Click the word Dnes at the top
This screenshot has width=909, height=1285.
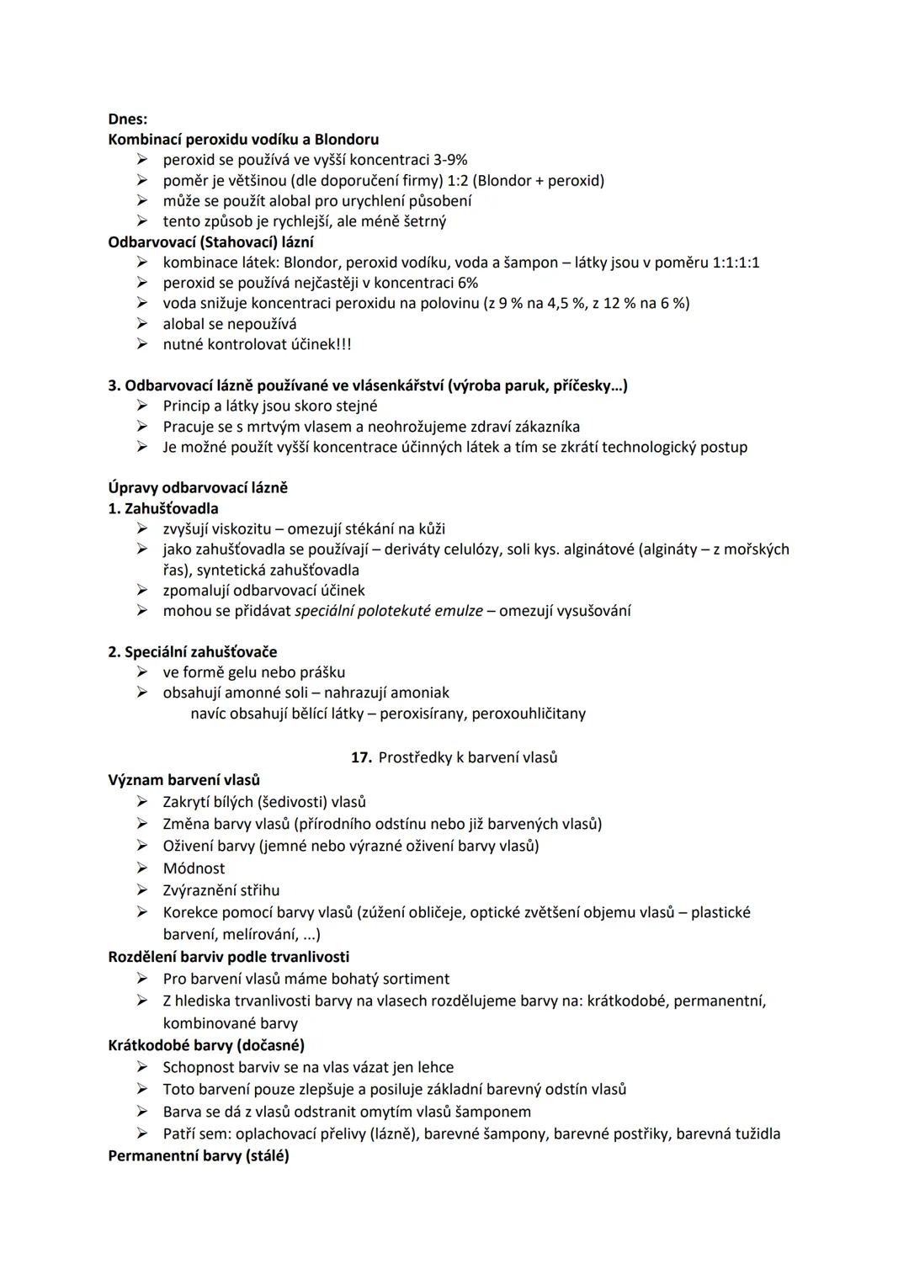click(126, 119)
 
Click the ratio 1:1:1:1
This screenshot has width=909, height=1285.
click(736, 263)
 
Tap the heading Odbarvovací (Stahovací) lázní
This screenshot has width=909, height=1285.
click(211, 242)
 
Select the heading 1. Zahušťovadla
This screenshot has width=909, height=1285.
click(163, 508)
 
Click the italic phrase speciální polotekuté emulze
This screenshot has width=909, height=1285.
click(389, 611)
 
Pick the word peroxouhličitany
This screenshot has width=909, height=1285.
click(529, 714)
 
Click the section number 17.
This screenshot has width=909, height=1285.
click(361, 757)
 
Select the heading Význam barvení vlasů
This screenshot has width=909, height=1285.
click(184, 780)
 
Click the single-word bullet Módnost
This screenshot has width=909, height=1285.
click(194, 868)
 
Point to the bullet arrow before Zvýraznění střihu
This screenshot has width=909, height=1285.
click(143, 890)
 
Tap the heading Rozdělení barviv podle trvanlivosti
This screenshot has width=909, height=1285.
click(229, 957)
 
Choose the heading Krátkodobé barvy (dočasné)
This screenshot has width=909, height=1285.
click(206, 1045)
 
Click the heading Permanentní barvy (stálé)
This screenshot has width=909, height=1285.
click(199, 1155)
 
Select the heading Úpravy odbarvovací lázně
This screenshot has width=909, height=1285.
click(198, 488)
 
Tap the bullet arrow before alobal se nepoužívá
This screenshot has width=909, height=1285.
click(143, 324)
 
